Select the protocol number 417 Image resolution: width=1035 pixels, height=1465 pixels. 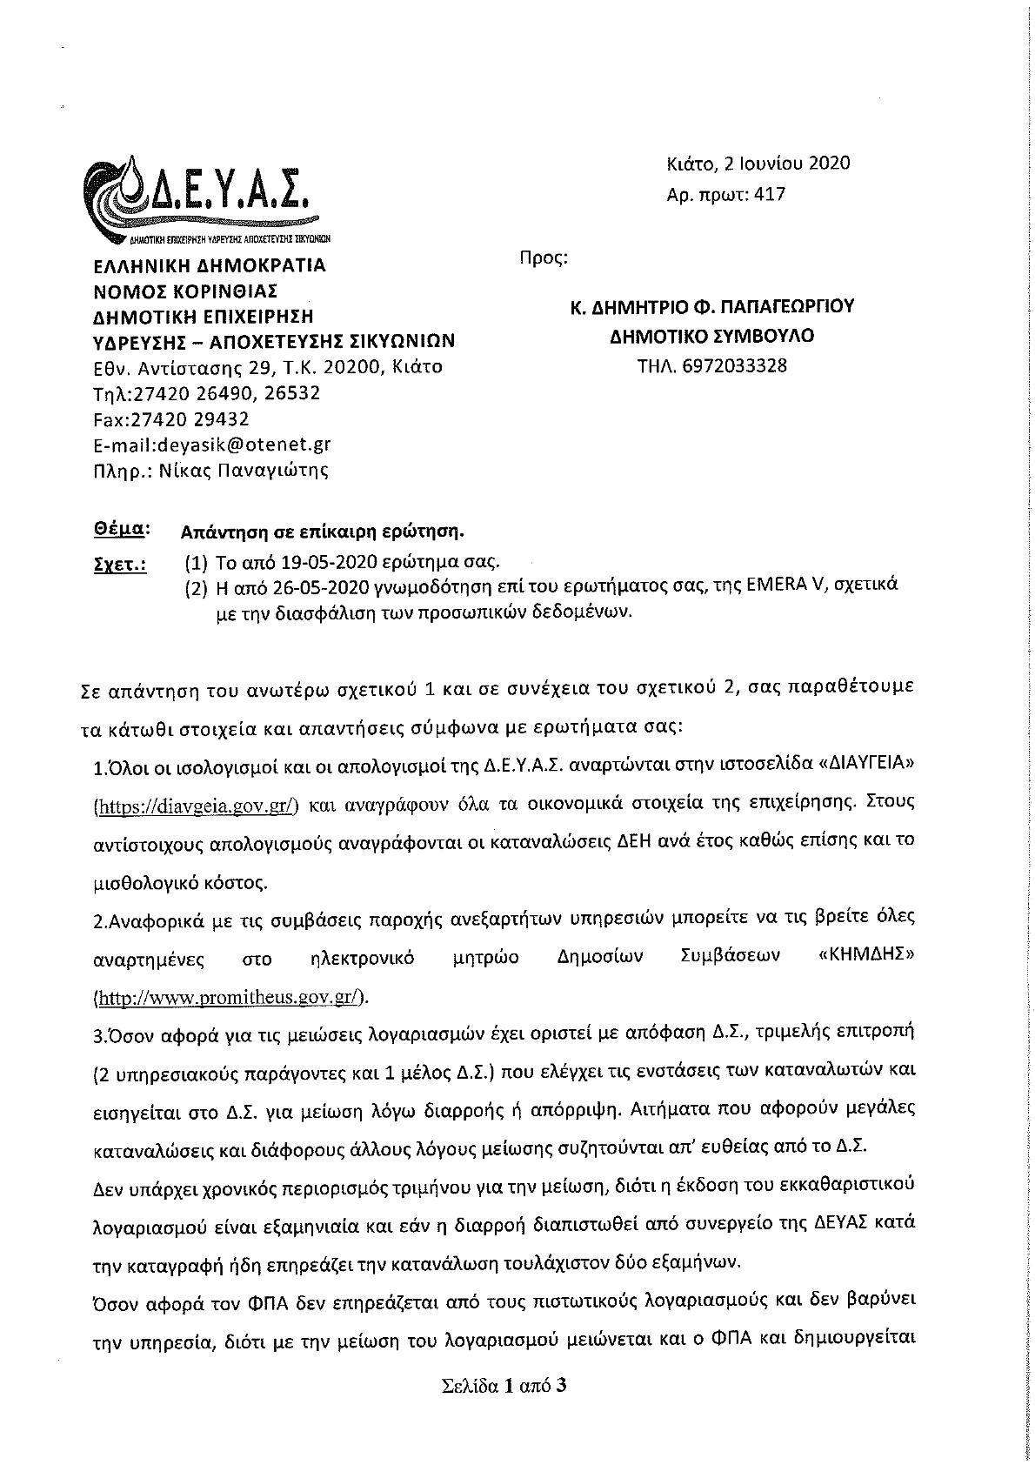click(x=771, y=194)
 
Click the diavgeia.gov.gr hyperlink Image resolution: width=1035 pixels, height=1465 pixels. click(x=197, y=806)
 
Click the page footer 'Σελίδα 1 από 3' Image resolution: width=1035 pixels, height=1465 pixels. click(x=504, y=1386)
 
